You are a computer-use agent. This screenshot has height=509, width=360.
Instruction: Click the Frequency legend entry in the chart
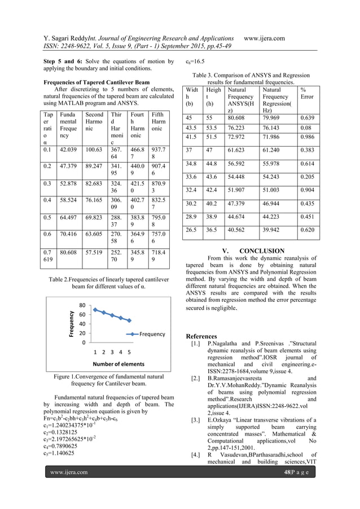152,334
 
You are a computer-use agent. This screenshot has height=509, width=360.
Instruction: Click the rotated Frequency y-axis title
72,324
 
